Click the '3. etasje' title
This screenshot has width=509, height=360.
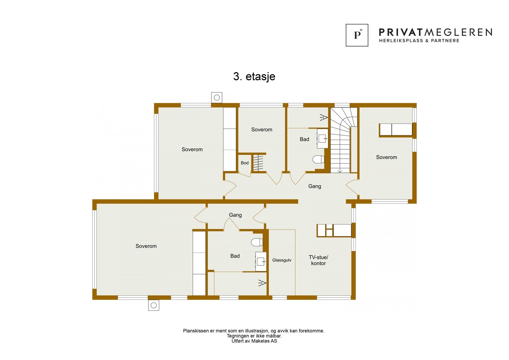[x=254, y=76]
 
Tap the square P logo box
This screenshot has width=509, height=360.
[x=357, y=35]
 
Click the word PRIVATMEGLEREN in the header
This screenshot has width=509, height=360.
[x=435, y=32]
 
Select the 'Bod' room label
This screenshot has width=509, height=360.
[x=245, y=163]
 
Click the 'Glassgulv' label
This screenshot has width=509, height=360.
[x=282, y=260]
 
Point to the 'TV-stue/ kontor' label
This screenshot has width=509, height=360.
[x=318, y=260]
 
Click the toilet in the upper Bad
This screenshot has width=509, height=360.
[x=318, y=159]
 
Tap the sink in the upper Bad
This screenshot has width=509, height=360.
[x=323, y=138]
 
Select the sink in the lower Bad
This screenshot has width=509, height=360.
[x=261, y=262]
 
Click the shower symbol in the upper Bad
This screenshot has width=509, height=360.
[x=324, y=118]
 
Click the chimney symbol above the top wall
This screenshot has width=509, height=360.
[x=217, y=98]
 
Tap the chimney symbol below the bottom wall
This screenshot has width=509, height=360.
[x=154, y=305]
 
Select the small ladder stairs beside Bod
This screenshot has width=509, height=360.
[x=258, y=163]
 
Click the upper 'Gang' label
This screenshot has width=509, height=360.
[x=315, y=186]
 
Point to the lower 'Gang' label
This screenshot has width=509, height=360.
[x=235, y=215]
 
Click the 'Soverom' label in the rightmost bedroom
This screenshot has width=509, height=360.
[x=387, y=157]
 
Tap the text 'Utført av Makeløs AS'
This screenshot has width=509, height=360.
[x=254, y=341]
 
